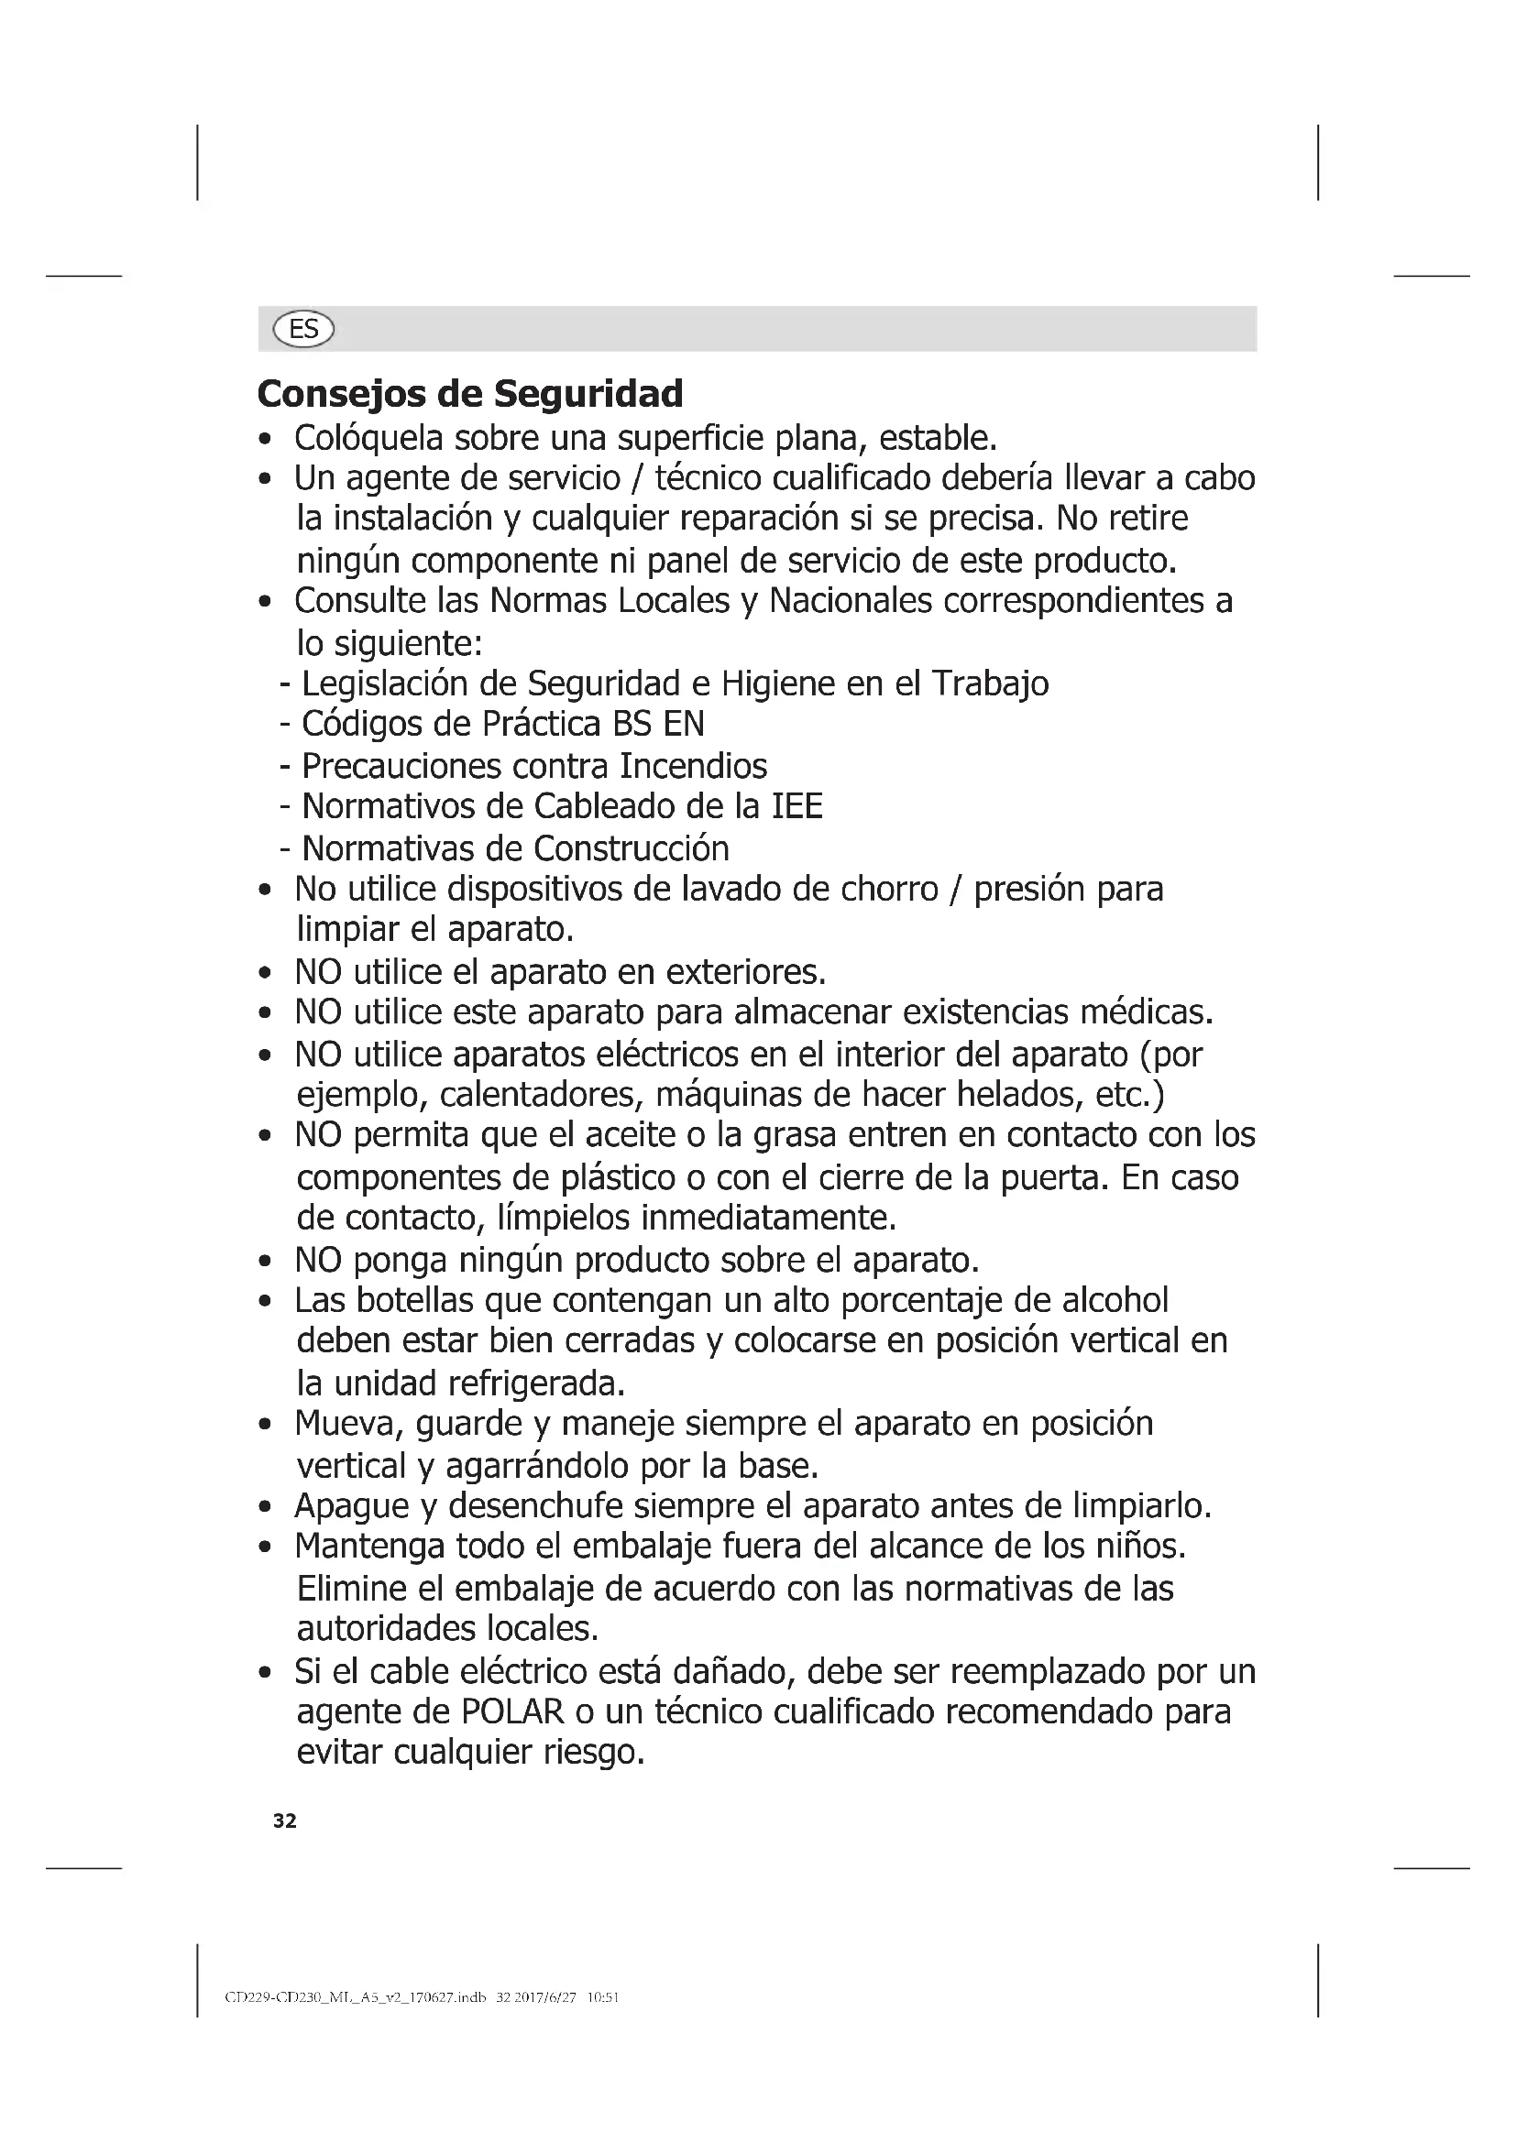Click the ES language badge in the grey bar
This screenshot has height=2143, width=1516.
pyautogui.click(x=303, y=330)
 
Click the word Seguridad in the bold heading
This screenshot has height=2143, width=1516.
pyautogui.click(x=588, y=394)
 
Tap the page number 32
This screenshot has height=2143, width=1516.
pyautogui.click(x=285, y=1821)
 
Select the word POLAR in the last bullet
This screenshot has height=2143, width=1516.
pyautogui.click(x=512, y=1711)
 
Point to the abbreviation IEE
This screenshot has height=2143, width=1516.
pyautogui.click(x=797, y=806)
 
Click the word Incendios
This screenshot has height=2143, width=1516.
pyautogui.click(x=693, y=766)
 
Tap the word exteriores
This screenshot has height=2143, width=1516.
pyautogui.click(x=745, y=973)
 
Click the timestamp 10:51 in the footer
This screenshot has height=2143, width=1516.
pyautogui.click(x=602, y=1998)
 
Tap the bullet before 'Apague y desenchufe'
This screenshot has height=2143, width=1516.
pyautogui.click(x=266, y=1507)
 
